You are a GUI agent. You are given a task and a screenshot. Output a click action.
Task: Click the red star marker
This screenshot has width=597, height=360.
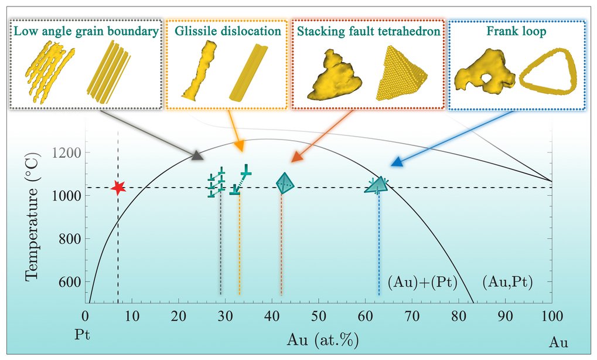[x=119, y=188]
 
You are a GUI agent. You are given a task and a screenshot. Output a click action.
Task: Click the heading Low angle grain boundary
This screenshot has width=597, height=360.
[x=86, y=31]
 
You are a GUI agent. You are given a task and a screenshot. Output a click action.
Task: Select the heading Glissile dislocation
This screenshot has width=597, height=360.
[x=228, y=31]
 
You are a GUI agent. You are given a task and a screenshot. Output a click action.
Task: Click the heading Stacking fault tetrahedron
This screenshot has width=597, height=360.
[x=368, y=31]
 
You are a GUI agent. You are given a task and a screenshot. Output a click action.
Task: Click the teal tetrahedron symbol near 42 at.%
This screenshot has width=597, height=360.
[x=285, y=184]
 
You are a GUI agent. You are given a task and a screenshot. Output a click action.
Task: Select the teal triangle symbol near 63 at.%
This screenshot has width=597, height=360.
[x=377, y=186]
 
